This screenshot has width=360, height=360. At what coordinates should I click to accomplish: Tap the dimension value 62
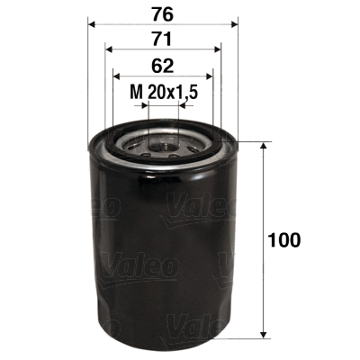162,65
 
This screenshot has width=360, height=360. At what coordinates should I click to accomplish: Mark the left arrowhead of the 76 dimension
93,23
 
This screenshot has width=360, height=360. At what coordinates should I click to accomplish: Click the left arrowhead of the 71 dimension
109,49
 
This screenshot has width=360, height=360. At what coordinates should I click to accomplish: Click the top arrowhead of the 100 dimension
262,147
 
